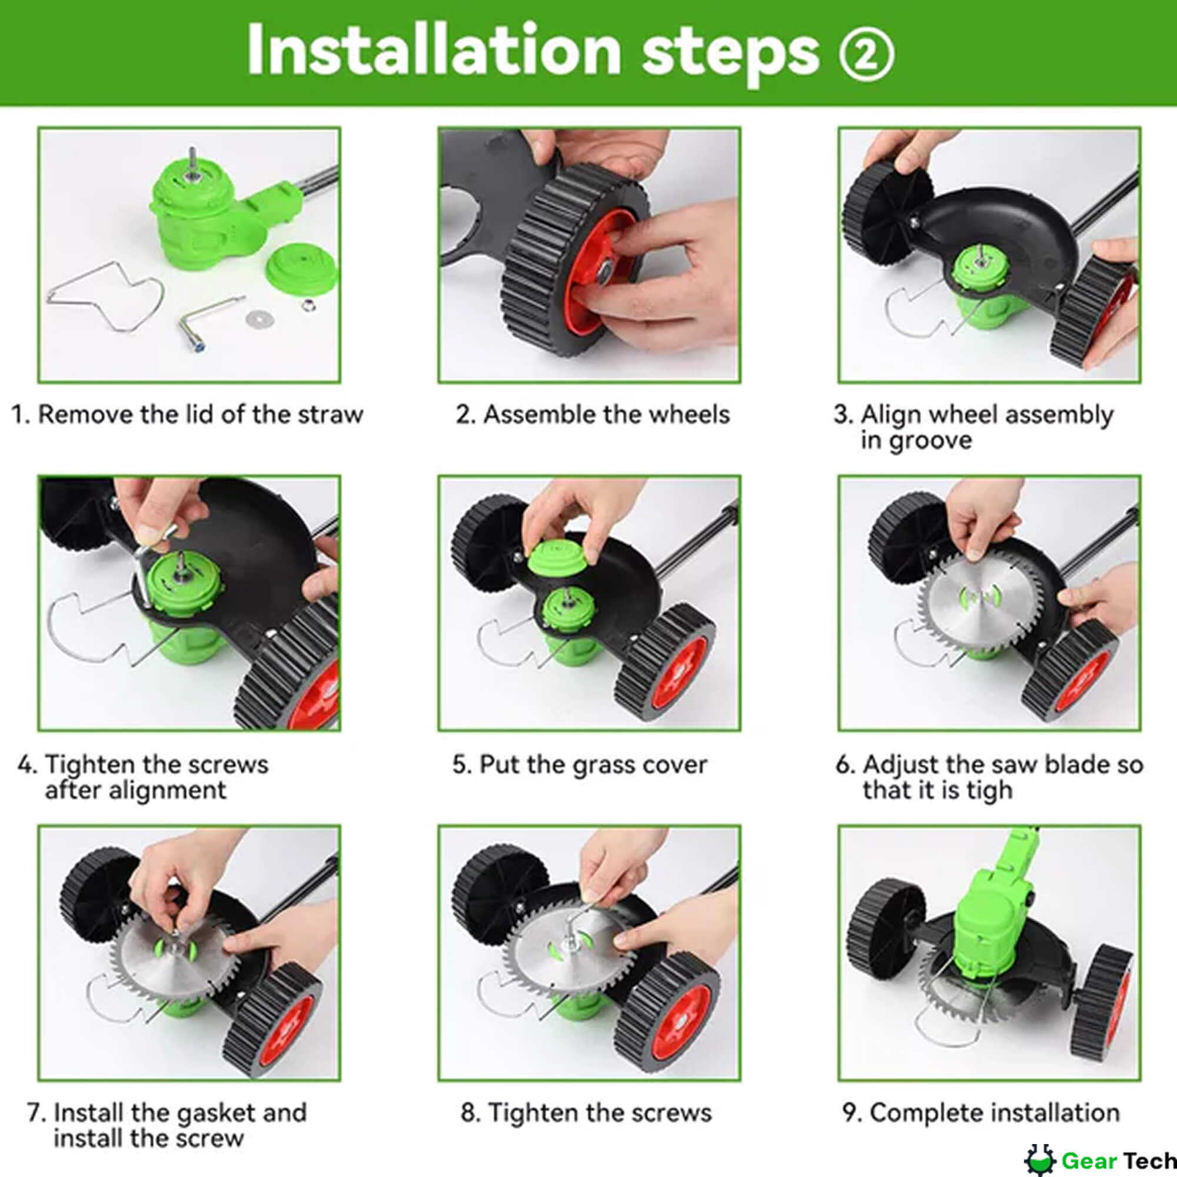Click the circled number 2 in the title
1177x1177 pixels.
point(866,54)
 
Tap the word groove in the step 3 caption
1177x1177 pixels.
point(916,440)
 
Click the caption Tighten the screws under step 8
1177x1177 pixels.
point(586,1113)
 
